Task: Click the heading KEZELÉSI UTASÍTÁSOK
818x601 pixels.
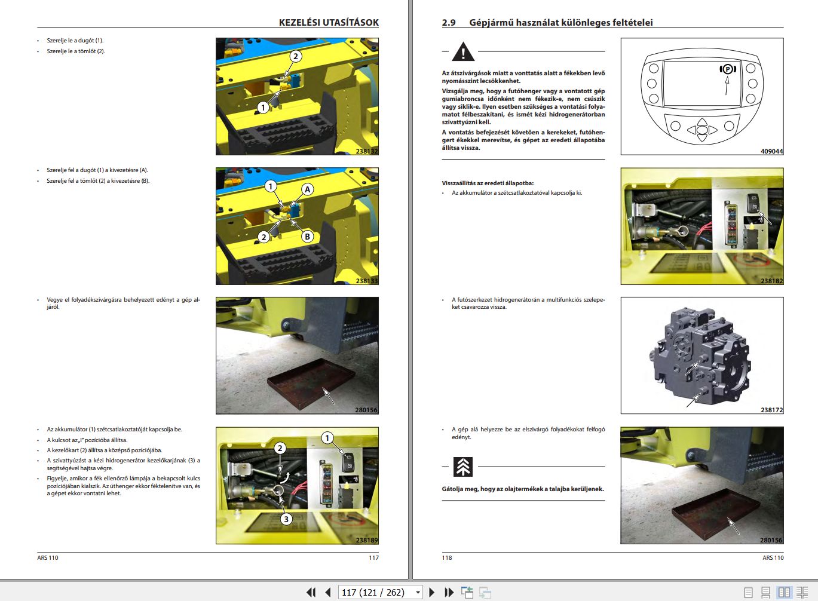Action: (329, 22)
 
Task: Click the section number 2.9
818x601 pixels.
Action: (449, 23)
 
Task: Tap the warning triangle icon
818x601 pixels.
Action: (463, 53)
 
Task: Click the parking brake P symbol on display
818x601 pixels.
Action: (727, 69)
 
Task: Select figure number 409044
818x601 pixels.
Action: (771, 151)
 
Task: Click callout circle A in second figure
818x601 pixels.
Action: (307, 189)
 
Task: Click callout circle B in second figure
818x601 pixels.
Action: (307, 236)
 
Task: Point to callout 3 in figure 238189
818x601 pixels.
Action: (286, 519)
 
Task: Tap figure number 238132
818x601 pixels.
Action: (366, 151)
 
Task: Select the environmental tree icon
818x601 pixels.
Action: (463, 467)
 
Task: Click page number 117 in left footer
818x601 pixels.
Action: (373, 557)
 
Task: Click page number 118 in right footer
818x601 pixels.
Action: (447, 557)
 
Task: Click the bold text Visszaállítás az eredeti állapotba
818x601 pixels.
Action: (488, 183)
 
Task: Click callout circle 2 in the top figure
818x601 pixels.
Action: (295, 57)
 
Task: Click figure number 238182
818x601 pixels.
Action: (771, 281)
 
